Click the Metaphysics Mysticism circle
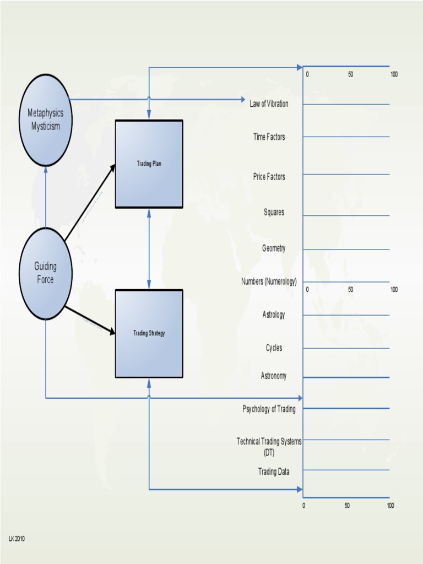pos(46,120)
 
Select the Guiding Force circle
pos(46,273)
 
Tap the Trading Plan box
pos(149,164)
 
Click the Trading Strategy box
pos(149,333)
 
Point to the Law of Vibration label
pos(269,104)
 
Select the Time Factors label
pos(269,137)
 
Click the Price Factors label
pos(269,177)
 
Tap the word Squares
pos(274,213)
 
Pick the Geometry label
pos(274,248)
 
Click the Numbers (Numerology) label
pos(269,282)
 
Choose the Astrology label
pos(274,315)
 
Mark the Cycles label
pos(274,348)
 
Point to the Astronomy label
pos(274,376)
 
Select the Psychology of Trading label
pos(269,409)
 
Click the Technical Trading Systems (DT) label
pos(269,446)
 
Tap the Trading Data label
pos(274,471)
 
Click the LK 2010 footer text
pos(17,538)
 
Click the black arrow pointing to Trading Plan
pos(90,203)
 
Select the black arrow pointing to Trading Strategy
pos(90,320)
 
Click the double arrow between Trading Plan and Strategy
pos(149,249)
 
